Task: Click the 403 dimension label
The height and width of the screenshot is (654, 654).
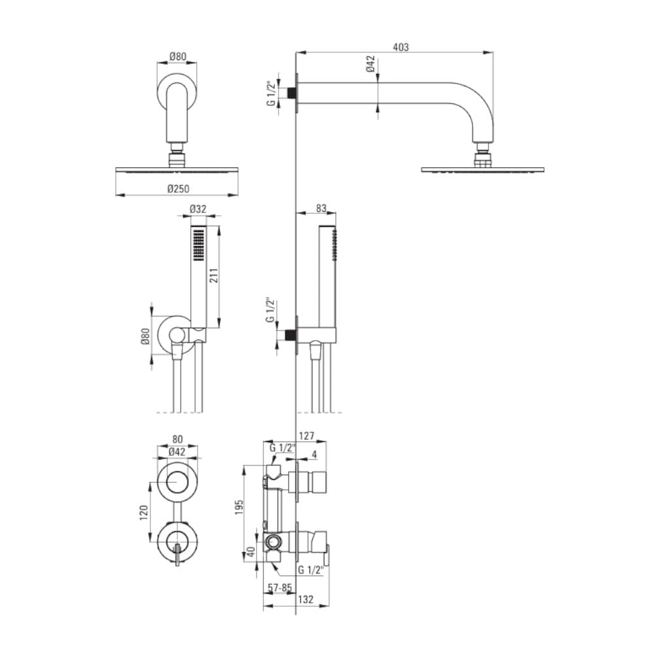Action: point(400,47)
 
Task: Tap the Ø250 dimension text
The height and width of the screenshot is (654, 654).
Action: point(178,189)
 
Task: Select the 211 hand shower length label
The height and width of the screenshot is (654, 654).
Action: point(214,276)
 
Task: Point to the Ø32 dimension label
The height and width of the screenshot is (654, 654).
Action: point(198,209)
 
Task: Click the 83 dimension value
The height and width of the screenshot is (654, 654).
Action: point(320,208)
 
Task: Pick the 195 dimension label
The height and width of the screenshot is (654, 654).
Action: point(239,507)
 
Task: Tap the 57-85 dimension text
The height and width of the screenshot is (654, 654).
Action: point(280,588)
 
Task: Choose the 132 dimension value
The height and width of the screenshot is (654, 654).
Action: point(305,599)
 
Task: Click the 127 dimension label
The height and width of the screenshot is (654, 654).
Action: point(307,436)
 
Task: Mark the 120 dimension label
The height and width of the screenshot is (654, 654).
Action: point(144,512)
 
